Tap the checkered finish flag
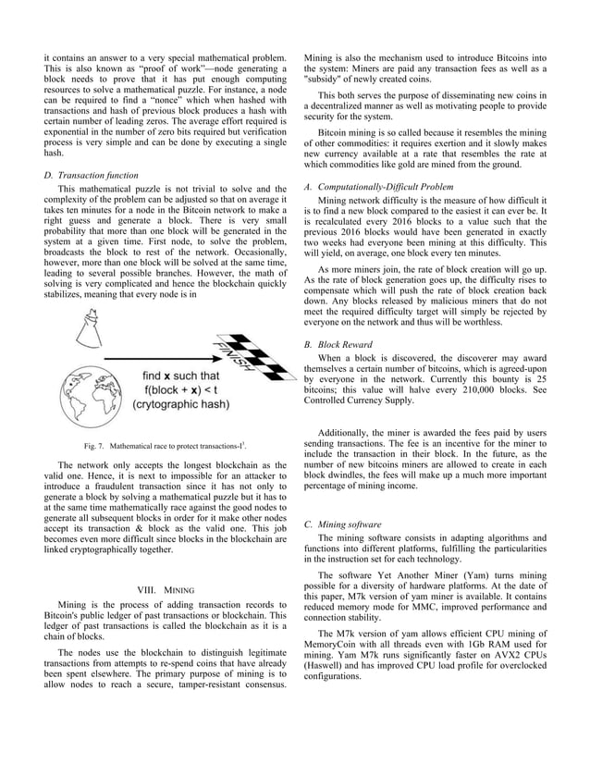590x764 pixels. (235, 356)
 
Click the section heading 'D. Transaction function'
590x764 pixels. (91, 175)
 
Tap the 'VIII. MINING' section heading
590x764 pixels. (164, 587)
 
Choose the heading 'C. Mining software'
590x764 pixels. (341, 524)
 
